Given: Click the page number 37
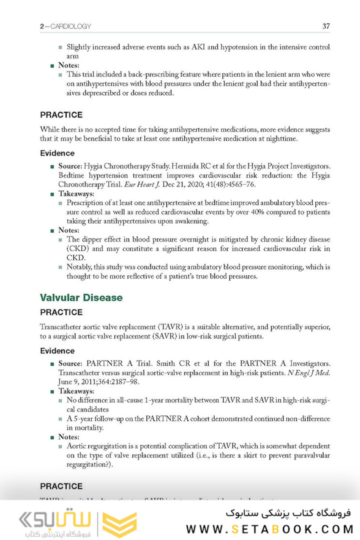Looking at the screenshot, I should coord(325,26).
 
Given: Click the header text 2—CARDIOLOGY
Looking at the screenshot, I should coord(65,26).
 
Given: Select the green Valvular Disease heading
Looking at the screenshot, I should coord(81,297).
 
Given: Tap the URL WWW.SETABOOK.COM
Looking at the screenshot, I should coord(269,528).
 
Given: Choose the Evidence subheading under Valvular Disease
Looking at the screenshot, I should coord(57,350).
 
